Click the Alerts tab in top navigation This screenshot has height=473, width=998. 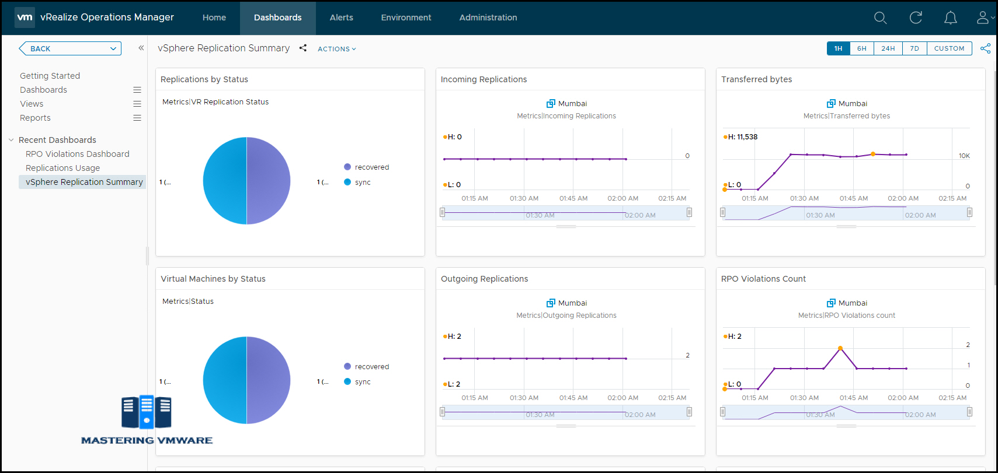(341, 17)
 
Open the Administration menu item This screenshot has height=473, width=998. (488, 17)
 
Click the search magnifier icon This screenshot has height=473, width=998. (880, 18)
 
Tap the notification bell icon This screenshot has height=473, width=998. (950, 18)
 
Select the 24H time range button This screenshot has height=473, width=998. (888, 48)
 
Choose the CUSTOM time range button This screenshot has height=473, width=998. (949, 48)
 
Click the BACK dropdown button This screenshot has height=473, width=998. (70, 48)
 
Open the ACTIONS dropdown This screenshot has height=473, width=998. (336, 49)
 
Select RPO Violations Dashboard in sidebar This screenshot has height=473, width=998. (77, 154)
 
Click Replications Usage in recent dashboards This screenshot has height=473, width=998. (62, 168)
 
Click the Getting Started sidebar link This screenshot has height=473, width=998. (50, 76)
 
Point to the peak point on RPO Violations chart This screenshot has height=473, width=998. (840, 348)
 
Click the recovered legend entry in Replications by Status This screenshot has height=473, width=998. (371, 167)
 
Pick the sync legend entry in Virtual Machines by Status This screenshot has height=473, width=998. (362, 382)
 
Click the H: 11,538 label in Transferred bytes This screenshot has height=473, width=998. (742, 137)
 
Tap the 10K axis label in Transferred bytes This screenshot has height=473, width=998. (964, 156)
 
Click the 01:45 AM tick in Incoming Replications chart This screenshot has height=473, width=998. (573, 198)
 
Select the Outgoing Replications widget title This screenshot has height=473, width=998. (484, 279)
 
